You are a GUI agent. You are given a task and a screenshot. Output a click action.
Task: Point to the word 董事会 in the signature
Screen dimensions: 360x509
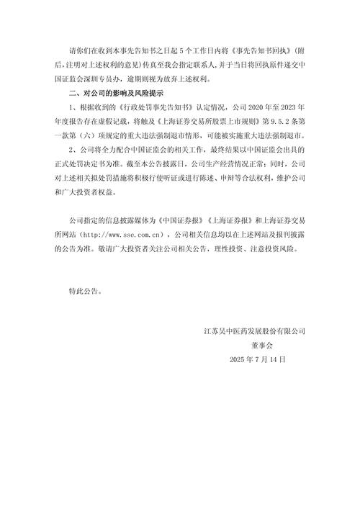point(256,345)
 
